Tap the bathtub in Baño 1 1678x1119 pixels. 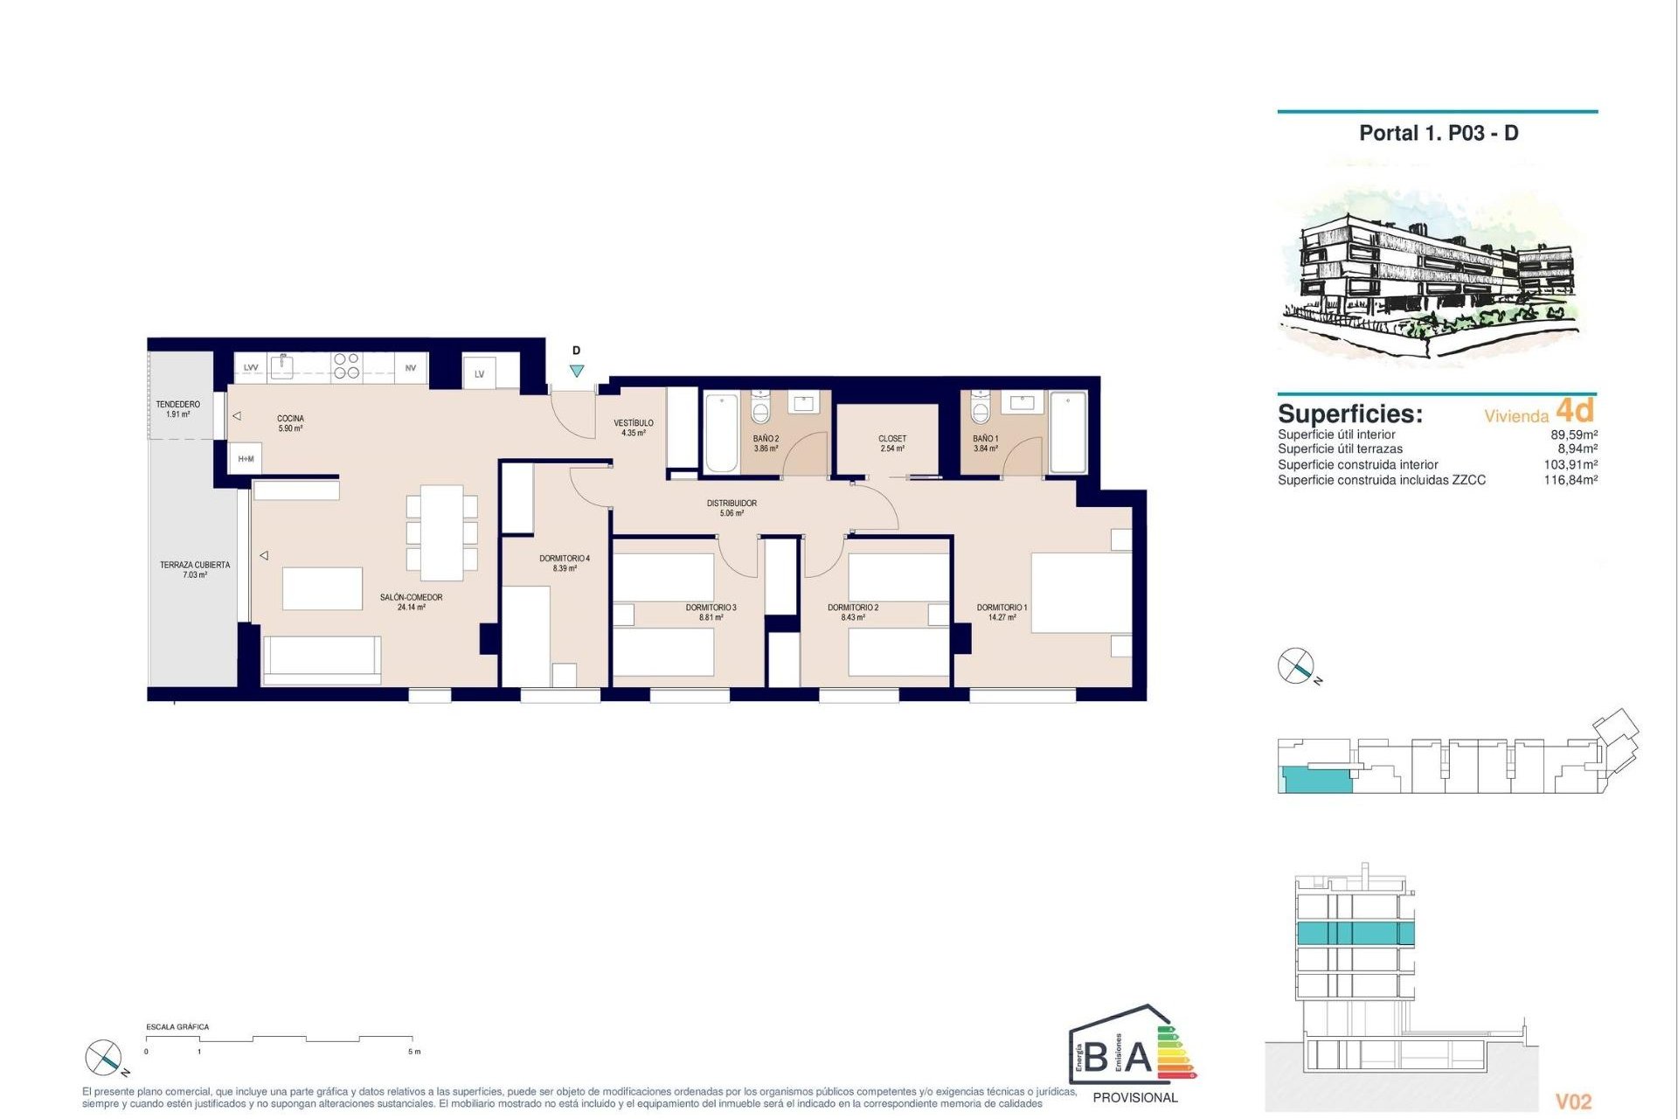click(1067, 432)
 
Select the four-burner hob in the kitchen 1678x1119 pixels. click(346, 365)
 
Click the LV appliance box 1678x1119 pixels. click(479, 373)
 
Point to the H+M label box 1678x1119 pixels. click(246, 458)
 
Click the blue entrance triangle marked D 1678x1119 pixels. click(576, 371)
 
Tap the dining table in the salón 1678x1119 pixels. click(442, 532)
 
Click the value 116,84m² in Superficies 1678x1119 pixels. click(1570, 480)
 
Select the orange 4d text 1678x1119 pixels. click(1575, 410)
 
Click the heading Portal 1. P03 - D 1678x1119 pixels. click(1439, 133)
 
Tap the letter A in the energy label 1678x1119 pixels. click(1138, 1057)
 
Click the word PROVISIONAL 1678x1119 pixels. click(1134, 1097)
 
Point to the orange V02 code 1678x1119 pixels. click(1573, 1102)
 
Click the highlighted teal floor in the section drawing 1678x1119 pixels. click(1354, 933)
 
